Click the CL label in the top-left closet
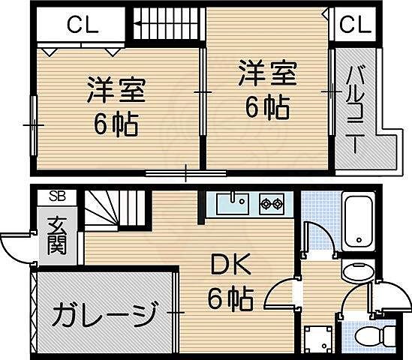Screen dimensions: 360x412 tap(82, 25)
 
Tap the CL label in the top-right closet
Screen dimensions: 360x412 tap(354, 25)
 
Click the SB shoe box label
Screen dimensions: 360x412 tap(57, 196)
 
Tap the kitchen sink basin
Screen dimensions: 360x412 tap(233, 202)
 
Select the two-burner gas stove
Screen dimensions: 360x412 tap(271, 202)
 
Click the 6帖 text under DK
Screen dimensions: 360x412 tap(229, 299)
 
